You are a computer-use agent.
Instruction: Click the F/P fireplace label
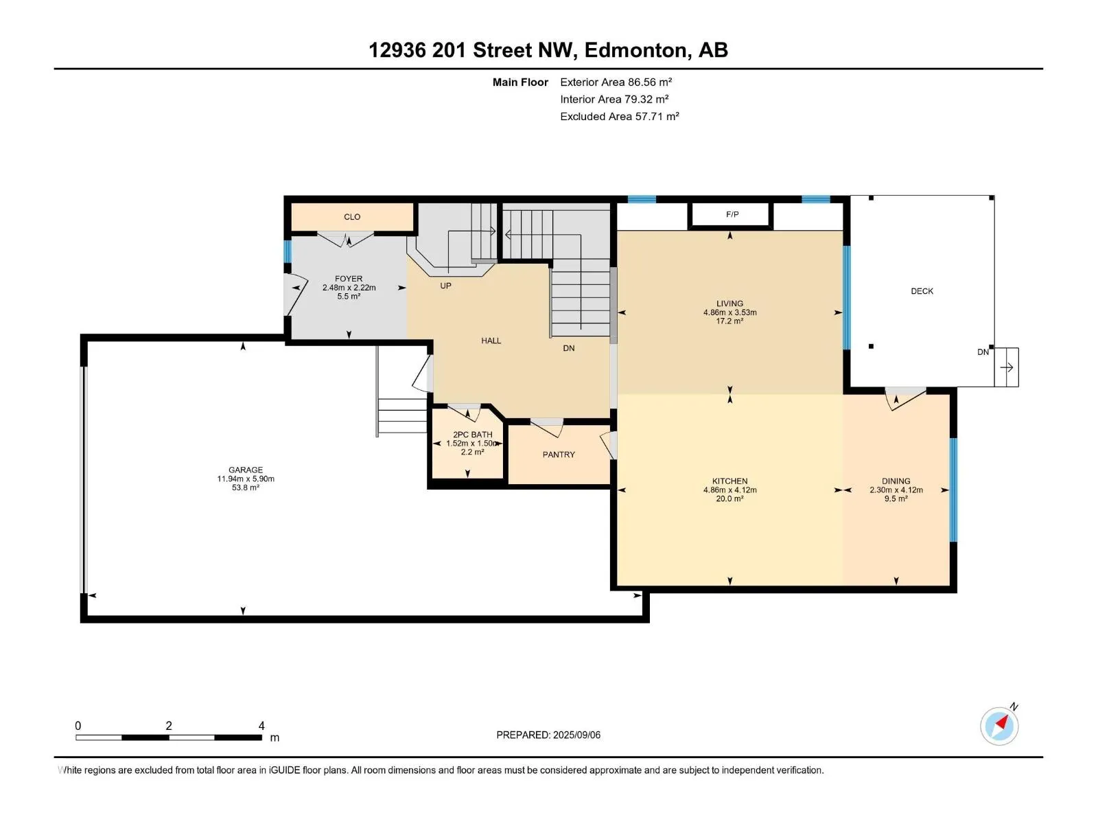click(732, 214)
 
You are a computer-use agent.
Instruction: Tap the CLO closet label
click(351, 216)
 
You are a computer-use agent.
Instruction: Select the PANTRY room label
click(558, 455)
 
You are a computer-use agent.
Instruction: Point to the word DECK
click(922, 290)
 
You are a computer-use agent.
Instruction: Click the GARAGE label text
click(245, 470)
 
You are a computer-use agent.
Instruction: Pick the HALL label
click(491, 341)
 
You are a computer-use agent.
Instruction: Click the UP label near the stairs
click(445, 286)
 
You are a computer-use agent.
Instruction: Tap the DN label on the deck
click(983, 352)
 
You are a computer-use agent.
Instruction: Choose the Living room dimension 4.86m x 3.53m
click(729, 312)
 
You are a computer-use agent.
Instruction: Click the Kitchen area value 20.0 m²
click(729, 499)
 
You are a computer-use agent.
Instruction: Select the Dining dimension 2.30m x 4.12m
click(896, 490)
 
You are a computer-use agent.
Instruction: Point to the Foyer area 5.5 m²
click(349, 296)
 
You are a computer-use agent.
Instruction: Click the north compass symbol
click(999, 725)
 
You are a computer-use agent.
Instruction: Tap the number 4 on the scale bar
click(261, 725)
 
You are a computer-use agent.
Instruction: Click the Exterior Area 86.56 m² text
click(616, 82)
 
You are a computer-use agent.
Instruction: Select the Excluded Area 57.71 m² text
click(619, 116)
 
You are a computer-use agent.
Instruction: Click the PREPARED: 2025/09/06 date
click(548, 735)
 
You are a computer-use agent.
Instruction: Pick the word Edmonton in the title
click(635, 50)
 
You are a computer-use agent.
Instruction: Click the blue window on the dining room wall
click(953, 490)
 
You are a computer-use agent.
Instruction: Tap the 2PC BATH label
click(472, 434)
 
